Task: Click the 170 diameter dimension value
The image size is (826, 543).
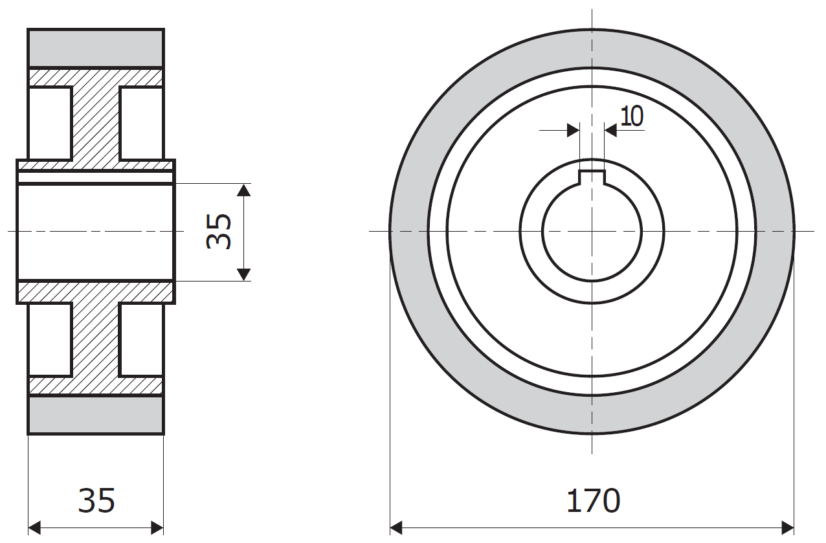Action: pyautogui.click(x=594, y=501)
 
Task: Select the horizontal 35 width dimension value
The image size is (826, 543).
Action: pyautogui.click(x=96, y=501)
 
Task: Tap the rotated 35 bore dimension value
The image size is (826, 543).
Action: pyautogui.click(x=219, y=232)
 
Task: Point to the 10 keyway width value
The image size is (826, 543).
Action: pyautogui.click(x=632, y=116)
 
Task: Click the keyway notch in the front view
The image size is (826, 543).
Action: pyautogui.click(x=592, y=177)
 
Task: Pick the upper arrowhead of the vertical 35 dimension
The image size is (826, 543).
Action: pyautogui.click(x=244, y=190)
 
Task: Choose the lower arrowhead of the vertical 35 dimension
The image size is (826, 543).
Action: pyautogui.click(x=244, y=274)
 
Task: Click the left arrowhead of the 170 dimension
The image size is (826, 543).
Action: pyautogui.click(x=396, y=528)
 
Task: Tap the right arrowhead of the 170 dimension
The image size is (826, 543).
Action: pyautogui.click(x=788, y=528)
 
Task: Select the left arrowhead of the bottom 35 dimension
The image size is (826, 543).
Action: pyautogui.click(x=34, y=528)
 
